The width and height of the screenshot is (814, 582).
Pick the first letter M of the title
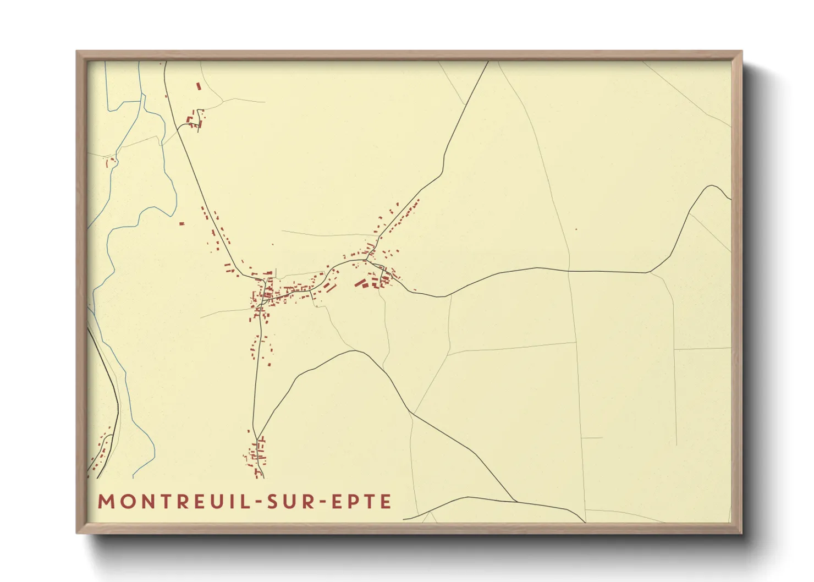pyautogui.click(x=105, y=502)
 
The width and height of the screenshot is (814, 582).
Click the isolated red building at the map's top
pyautogui.click(x=199, y=86)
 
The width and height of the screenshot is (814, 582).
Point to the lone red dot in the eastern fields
pyautogui.click(x=576, y=229)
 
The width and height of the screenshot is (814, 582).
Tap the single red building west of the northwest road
pyautogui.click(x=182, y=223)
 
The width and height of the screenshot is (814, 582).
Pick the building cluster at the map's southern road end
pyautogui.click(x=256, y=455)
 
